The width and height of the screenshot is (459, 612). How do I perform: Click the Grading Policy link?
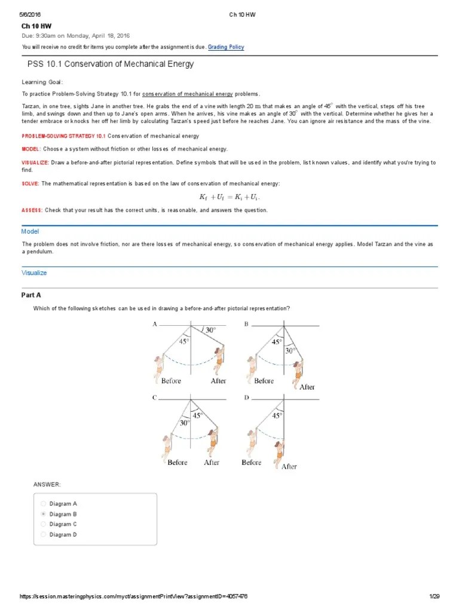(x=226, y=47)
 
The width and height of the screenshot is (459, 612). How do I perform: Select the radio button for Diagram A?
(x=43, y=504)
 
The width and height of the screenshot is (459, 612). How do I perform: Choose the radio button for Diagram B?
(x=43, y=514)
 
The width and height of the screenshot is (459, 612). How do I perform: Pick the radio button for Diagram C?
(x=43, y=524)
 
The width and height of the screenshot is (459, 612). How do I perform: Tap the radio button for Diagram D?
(x=43, y=535)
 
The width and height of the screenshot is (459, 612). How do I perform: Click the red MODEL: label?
(x=30, y=148)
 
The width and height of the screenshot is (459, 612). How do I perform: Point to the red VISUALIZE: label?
(x=36, y=163)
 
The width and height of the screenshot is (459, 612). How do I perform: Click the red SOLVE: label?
(x=30, y=183)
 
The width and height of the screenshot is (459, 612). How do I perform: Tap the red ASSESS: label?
(x=32, y=210)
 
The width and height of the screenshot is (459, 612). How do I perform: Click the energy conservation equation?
(x=229, y=197)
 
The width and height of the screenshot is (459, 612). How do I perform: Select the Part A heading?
(x=32, y=295)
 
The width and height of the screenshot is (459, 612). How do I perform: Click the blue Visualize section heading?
(x=34, y=273)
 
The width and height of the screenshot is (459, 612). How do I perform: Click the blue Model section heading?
(x=30, y=231)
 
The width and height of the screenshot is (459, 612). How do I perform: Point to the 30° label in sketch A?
(x=210, y=330)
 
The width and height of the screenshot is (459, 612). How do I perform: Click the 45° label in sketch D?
(x=277, y=415)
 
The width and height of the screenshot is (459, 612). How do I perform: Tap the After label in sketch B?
(x=307, y=387)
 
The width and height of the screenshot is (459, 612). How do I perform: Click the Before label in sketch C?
(x=178, y=462)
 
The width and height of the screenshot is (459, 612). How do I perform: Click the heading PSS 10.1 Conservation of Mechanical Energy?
(x=111, y=64)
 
